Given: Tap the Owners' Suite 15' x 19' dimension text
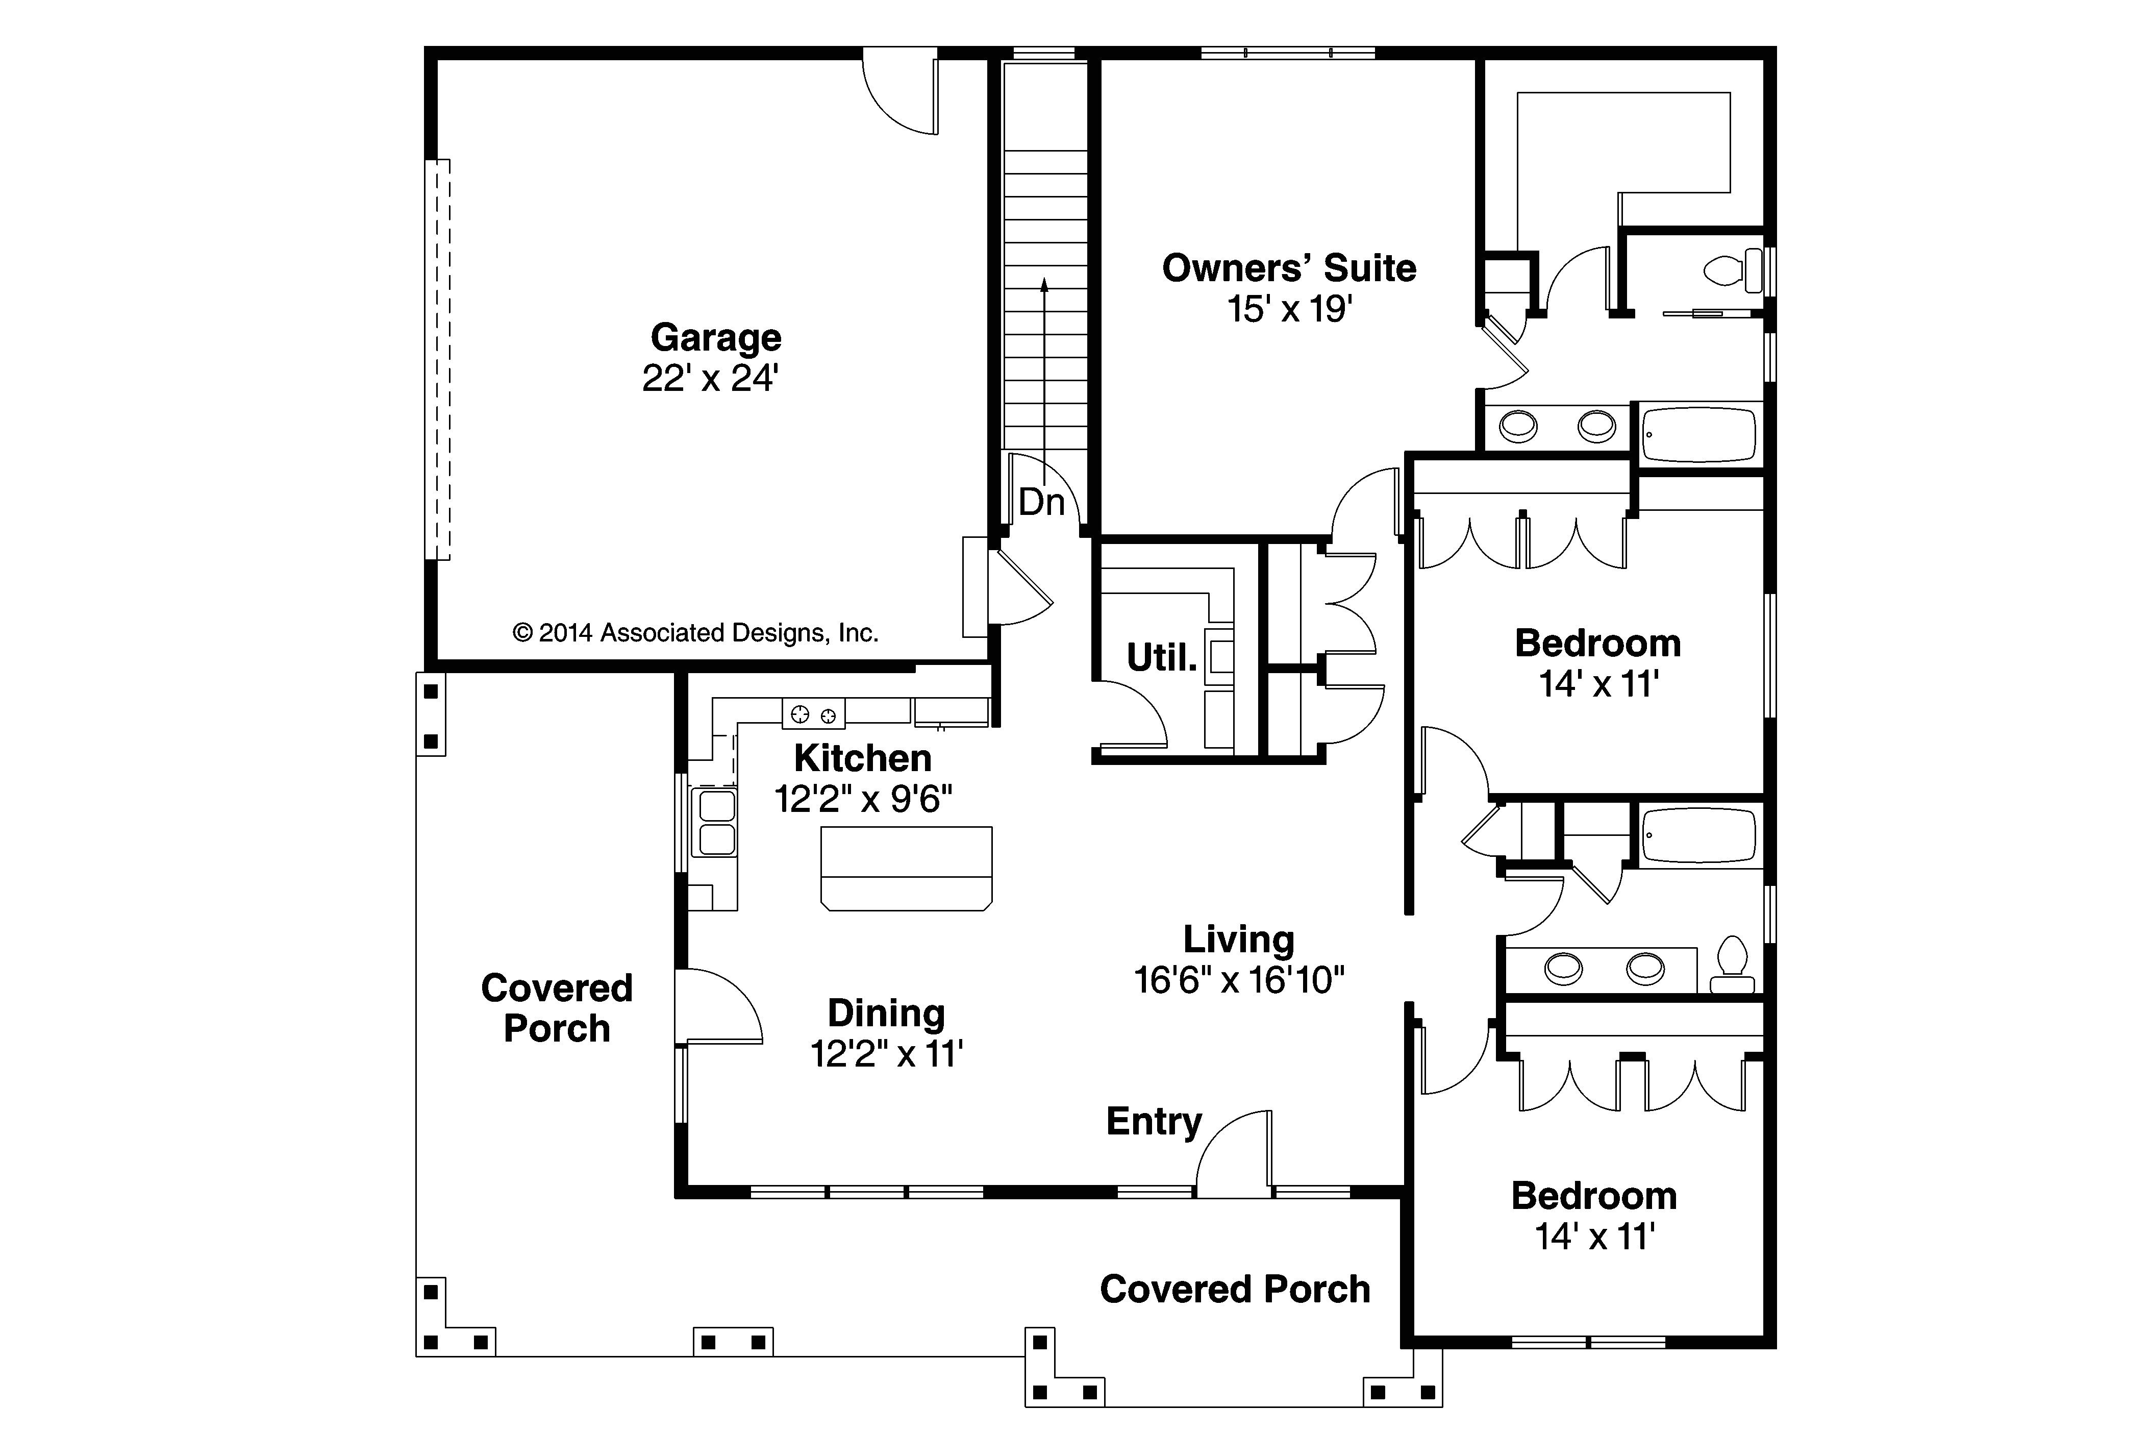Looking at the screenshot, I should (1288, 310).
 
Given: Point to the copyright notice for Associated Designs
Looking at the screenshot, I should (694, 632).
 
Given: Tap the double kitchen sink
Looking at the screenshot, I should (716, 823).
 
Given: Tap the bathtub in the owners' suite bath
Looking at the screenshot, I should (1698, 435).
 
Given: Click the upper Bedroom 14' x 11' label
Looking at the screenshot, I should (1597, 662).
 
